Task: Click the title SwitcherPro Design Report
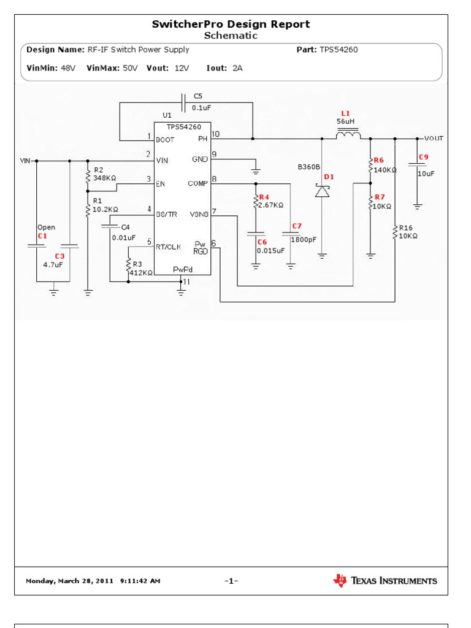point(231,25)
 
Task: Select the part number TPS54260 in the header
point(338,50)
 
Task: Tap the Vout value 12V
point(182,68)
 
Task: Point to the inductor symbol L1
point(350,136)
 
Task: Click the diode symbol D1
point(322,191)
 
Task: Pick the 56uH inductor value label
point(345,122)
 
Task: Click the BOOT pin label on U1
point(166,139)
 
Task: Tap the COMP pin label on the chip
point(198,183)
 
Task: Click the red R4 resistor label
point(264,197)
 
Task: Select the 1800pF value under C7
point(304,240)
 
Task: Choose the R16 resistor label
point(407,228)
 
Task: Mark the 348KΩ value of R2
point(104,178)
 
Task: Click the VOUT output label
point(434,139)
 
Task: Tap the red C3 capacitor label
point(59,256)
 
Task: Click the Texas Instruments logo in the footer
point(385,580)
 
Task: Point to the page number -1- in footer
point(231,581)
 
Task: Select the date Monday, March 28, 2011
point(69,581)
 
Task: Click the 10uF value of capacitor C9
point(426,174)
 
